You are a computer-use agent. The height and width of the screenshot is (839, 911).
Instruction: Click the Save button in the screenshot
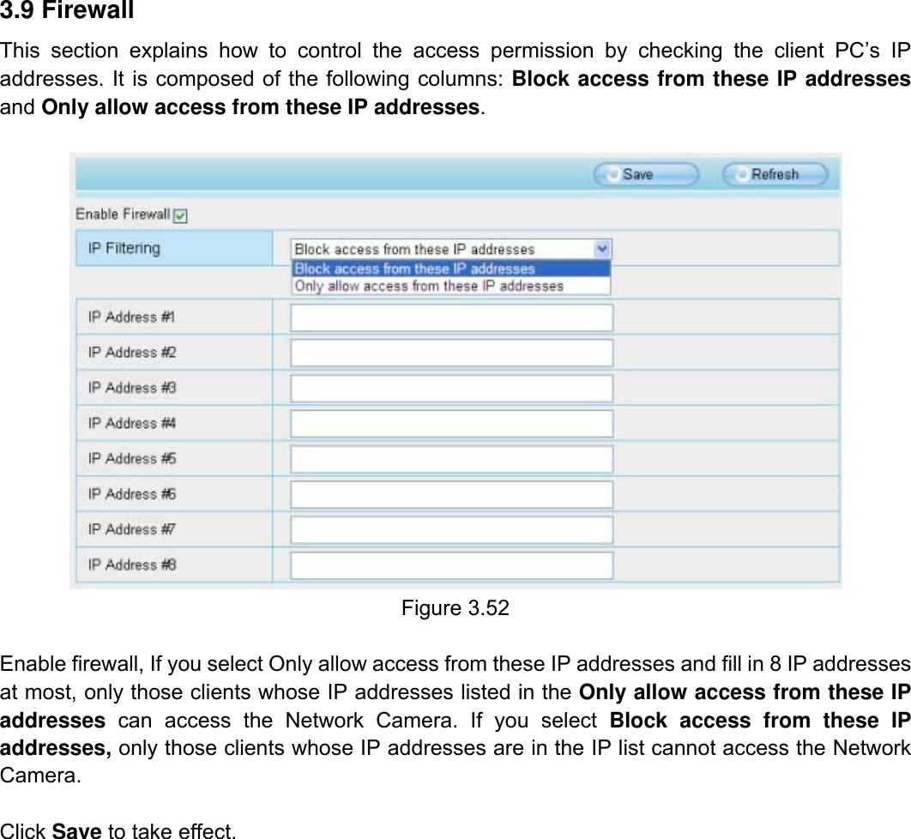point(646,174)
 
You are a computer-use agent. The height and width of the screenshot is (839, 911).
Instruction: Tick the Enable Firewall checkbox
point(180,216)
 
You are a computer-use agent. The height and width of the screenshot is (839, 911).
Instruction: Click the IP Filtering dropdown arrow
point(602,249)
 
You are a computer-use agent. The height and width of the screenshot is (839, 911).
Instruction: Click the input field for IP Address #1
point(452,317)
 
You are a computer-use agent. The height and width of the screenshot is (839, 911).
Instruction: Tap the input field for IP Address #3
point(452,388)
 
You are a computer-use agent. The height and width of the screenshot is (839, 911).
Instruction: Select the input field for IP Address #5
point(452,459)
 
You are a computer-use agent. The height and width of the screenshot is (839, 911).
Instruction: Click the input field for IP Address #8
point(452,565)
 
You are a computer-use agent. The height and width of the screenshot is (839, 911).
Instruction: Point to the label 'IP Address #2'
point(132,353)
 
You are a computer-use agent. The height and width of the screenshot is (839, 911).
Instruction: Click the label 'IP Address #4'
point(132,423)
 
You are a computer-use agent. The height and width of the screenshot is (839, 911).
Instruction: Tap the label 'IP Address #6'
point(132,494)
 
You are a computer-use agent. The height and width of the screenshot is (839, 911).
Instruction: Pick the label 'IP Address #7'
point(132,529)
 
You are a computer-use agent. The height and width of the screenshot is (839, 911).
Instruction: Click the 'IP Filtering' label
point(124,249)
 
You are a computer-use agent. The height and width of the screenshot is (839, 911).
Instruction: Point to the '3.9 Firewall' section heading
point(67,11)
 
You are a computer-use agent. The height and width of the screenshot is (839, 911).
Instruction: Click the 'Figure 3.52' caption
point(455,608)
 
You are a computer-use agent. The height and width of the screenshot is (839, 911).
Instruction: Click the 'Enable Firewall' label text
point(123,214)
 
